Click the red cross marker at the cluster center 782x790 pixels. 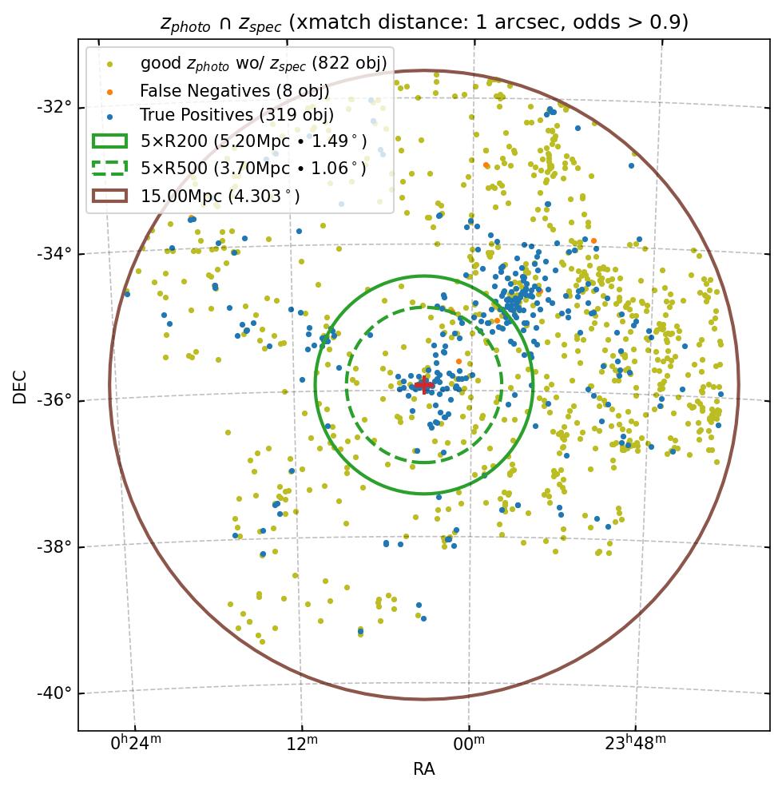423,385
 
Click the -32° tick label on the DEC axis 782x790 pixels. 55,107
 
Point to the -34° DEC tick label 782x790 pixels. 55,253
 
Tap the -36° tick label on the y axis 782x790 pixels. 55,399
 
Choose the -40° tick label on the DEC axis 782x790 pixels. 55,693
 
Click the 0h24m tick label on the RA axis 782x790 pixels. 136,744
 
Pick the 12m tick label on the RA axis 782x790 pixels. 302,744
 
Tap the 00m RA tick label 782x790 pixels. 469,744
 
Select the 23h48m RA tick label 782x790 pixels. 635,744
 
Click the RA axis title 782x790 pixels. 423,769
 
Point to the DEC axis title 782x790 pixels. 20,386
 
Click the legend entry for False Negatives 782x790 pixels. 223,90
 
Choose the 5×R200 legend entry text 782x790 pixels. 253,141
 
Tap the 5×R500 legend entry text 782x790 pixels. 253,169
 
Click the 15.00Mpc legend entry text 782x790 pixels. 220,196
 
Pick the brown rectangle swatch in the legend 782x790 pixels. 109,196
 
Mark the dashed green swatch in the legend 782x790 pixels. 109,169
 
